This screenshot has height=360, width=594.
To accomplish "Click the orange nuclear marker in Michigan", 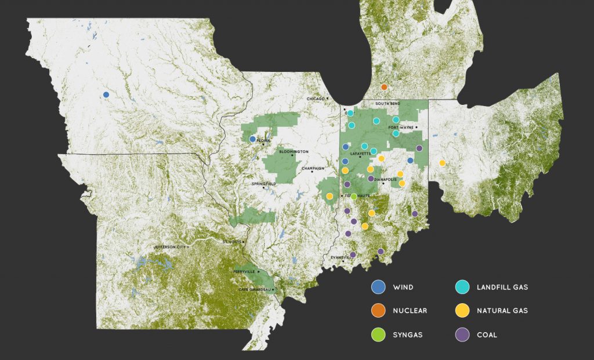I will click(x=384, y=87).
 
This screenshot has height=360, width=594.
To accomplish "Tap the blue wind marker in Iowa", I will click(x=106, y=94).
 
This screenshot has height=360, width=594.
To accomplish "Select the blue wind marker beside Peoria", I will click(x=252, y=139).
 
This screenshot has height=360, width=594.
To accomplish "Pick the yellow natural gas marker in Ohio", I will click(x=443, y=163).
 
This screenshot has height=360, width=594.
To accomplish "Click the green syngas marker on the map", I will click(x=354, y=197).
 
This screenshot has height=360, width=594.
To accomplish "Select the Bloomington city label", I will click(x=294, y=152).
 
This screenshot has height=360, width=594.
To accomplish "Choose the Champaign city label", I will click(x=316, y=169).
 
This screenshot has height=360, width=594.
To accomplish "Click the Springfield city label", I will click(x=264, y=184).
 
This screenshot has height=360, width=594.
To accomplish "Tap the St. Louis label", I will click(x=231, y=241).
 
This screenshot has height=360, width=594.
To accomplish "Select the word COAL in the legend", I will click(x=486, y=334).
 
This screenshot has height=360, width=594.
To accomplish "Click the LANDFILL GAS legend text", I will click(x=502, y=287).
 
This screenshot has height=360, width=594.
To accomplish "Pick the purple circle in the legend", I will click(x=462, y=334).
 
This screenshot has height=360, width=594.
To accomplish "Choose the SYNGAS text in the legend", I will click(x=408, y=334).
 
